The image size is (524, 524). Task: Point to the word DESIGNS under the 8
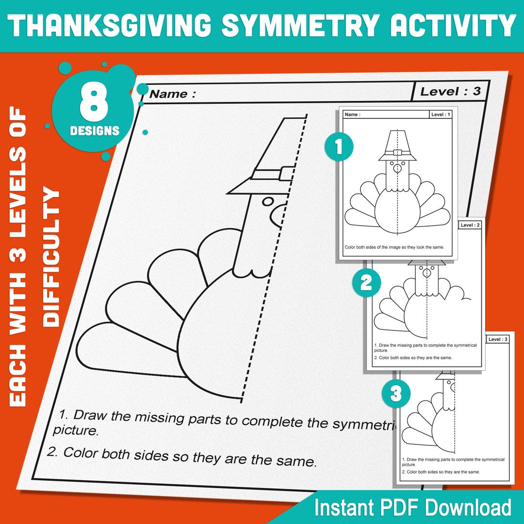click(x=94, y=131)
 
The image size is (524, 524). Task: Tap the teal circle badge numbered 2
click(x=366, y=283)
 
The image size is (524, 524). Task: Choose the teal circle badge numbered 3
click(x=396, y=393)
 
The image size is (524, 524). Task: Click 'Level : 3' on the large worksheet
click(x=450, y=91)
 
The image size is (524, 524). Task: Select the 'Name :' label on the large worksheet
click(x=172, y=94)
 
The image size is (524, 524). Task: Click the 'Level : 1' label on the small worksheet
click(x=441, y=115)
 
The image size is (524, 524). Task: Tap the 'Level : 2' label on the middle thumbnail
click(x=470, y=225)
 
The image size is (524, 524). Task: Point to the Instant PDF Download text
click(x=412, y=508)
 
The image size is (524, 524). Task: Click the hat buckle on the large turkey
click(x=285, y=173)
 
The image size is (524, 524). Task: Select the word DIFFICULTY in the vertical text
click(x=51, y=258)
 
